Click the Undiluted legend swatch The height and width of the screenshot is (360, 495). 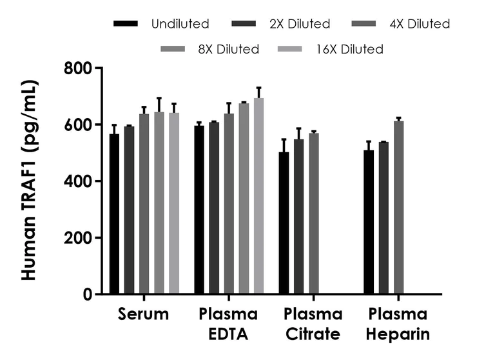click(126, 24)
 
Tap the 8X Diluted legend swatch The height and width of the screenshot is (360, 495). click(175, 49)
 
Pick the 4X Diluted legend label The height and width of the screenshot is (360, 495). click(419, 24)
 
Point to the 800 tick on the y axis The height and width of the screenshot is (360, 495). click(97, 68)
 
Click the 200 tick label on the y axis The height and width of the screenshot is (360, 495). click(79, 238)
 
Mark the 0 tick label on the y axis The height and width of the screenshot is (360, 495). click(88, 295)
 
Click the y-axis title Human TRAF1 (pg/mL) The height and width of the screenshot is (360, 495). click(29, 181)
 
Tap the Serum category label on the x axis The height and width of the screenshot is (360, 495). click(144, 315)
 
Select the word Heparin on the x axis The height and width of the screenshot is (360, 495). click(398, 335)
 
